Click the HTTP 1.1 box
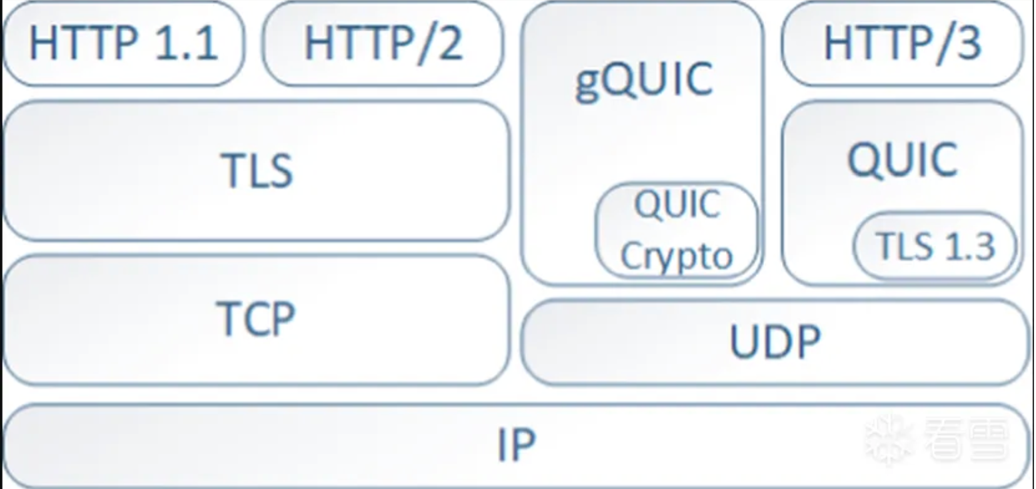tap(124, 43)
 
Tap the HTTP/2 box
tap(383, 43)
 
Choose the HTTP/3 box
tap(903, 43)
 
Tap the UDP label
tap(775, 341)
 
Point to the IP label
tap(516, 444)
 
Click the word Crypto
tap(677, 257)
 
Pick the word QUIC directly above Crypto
tap(677, 204)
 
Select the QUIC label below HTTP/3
tap(903, 160)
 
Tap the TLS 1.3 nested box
tap(935, 246)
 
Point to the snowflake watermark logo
tap(889, 440)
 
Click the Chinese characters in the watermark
tap(967, 439)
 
